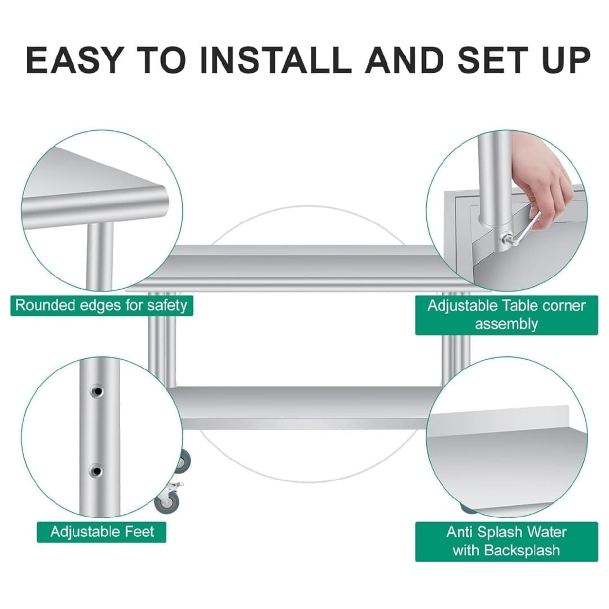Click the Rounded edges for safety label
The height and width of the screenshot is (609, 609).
coord(101,306)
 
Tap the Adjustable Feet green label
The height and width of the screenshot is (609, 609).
coord(101,531)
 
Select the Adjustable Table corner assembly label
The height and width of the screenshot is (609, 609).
coord(506,315)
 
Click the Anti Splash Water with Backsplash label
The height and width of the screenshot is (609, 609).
coord(506,541)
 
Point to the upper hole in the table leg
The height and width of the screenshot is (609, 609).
coord(98,390)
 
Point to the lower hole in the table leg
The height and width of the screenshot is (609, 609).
coord(97,470)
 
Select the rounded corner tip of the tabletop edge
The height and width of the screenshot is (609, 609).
coord(161,195)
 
